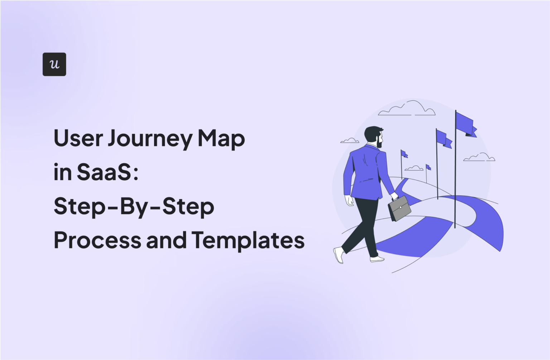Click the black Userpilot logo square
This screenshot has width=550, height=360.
click(54, 64)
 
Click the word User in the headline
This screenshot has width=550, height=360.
click(78, 138)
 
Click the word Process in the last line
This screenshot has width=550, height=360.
click(97, 240)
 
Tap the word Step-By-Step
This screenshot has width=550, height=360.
click(134, 207)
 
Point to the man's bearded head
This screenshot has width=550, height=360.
click(374, 136)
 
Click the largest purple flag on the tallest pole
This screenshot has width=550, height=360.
click(466, 124)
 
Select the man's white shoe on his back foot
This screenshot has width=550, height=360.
click(338, 255)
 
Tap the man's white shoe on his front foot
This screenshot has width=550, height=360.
click(377, 259)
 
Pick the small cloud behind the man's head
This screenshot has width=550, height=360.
click(349, 141)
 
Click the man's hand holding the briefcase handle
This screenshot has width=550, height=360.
click(394, 196)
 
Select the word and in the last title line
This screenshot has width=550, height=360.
click(166, 240)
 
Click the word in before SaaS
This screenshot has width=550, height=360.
click(62, 172)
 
